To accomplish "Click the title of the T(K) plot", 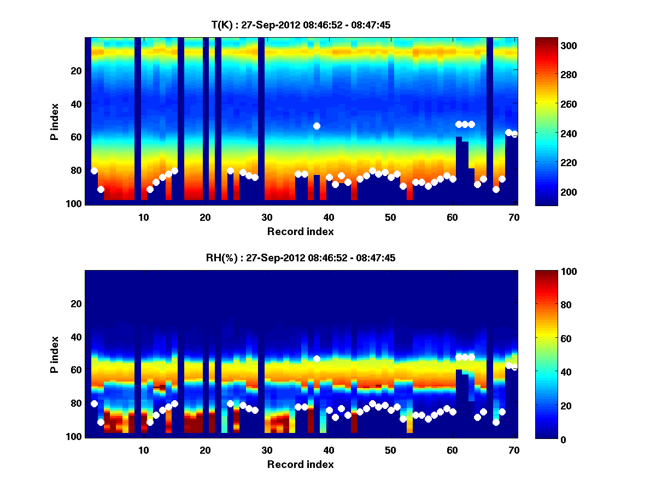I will tap(301, 25).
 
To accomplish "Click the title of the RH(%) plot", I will tap(301, 258).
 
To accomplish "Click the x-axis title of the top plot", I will tap(301, 231).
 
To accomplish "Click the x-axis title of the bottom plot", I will tap(301, 464).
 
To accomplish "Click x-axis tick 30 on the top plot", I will tap(267, 216).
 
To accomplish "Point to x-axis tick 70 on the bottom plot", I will tap(514, 449).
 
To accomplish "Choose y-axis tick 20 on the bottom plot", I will tap(76, 303).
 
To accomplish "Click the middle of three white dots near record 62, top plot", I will tap(465, 124).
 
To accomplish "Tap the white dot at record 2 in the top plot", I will tap(94, 171).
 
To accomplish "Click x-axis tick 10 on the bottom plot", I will tap(143, 449).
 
